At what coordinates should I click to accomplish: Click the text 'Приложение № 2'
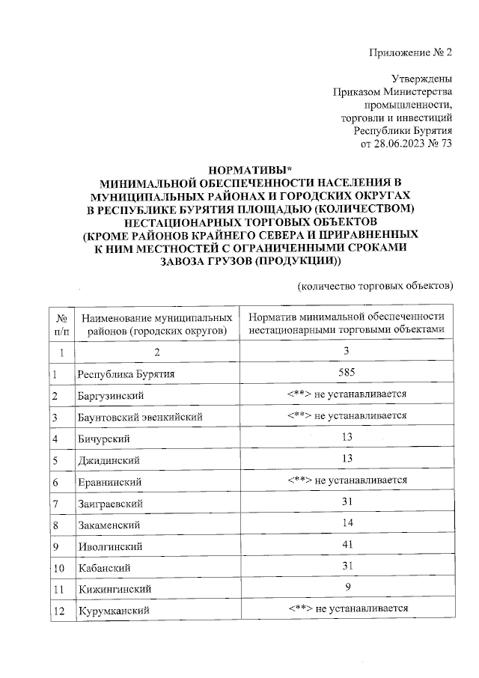412,52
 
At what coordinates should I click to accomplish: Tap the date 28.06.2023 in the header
402,144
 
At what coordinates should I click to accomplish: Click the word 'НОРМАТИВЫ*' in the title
247,168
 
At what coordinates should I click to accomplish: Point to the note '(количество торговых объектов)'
375,285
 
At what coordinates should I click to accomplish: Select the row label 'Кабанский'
103,568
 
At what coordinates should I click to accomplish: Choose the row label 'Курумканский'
112,611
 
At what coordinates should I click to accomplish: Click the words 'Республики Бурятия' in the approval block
403,130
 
